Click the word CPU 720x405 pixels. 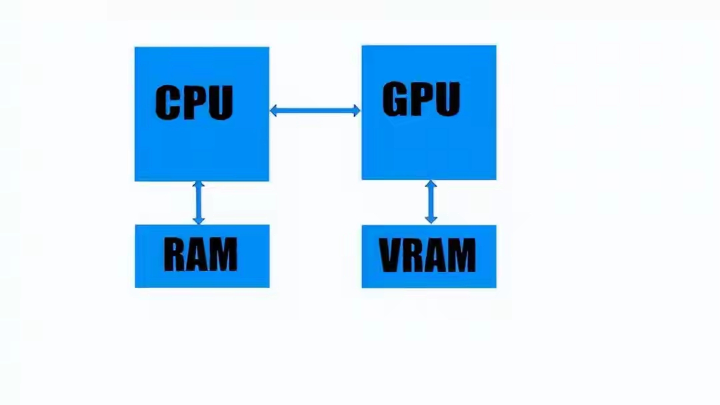pyautogui.click(x=194, y=103)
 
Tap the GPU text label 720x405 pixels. pyautogui.click(x=421, y=99)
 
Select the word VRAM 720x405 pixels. pyautogui.click(x=427, y=255)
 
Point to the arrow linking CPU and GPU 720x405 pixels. pyautogui.click(x=315, y=111)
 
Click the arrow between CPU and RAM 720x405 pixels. pyautogui.click(x=197, y=202)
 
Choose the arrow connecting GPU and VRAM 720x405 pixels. pyautogui.click(x=431, y=202)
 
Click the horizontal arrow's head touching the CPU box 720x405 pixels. pyautogui.click(x=274, y=111)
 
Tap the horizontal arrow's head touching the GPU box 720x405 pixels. pyautogui.click(x=356, y=111)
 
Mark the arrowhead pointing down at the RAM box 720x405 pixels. pyautogui.click(x=197, y=219)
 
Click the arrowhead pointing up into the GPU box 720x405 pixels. pyautogui.click(x=431, y=185)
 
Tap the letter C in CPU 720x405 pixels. pyautogui.click(x=169, y=103)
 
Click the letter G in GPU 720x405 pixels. pyautogui.click(x=396, y=99)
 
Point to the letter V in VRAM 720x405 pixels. pyautogui.click(x=391, y=255)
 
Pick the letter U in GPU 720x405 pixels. pyautogui.click(x=447, y=100)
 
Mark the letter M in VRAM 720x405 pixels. pyautogui.click(x=461, y=255)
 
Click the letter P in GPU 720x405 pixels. pyautogui.click(x=422, y=99)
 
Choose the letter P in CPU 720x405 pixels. pyautogui.click(x=195, y=103)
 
